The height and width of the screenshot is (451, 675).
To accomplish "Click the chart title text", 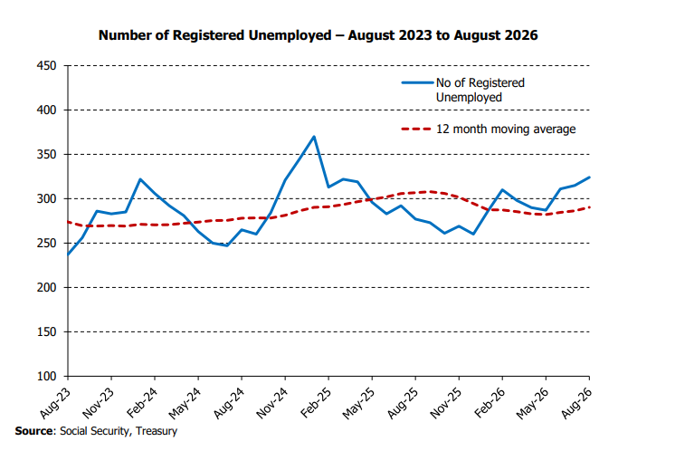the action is coord(318,35).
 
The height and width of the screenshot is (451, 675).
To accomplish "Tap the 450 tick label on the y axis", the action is coord(46,66).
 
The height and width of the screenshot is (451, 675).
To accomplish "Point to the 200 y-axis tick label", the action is coord(46,288).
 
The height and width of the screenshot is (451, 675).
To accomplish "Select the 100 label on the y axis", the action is coord(46,377).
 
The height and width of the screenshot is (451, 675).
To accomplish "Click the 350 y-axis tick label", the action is coord(46,155).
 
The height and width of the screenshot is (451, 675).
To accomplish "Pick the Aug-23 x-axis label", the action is coord(55,403).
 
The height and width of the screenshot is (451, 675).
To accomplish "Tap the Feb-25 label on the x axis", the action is coord(317,403).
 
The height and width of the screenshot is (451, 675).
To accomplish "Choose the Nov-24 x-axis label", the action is coord(272,403).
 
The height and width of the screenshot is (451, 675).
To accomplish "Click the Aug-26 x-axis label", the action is coord(577,403).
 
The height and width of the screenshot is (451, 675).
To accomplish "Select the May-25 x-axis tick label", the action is coord(359,403).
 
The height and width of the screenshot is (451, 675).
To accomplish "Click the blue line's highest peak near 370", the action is coord(314,137).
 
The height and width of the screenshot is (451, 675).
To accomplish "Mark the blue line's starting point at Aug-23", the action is coord(68,254).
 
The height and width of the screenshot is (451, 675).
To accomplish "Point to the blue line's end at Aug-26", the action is coord(589,177).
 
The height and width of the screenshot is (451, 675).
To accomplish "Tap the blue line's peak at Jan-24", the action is coord(140,179).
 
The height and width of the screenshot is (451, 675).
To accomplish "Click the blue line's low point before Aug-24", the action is coord(227,245).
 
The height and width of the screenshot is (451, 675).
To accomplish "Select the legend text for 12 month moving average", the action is coord(506,130).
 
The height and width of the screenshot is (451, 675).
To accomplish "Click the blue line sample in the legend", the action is coord(417,82).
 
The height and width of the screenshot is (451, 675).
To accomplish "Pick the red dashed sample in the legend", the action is coord(416,129).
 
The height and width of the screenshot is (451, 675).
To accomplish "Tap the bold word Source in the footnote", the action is coord(34,431).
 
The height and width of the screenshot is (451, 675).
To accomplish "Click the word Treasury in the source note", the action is coord(157,432).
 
